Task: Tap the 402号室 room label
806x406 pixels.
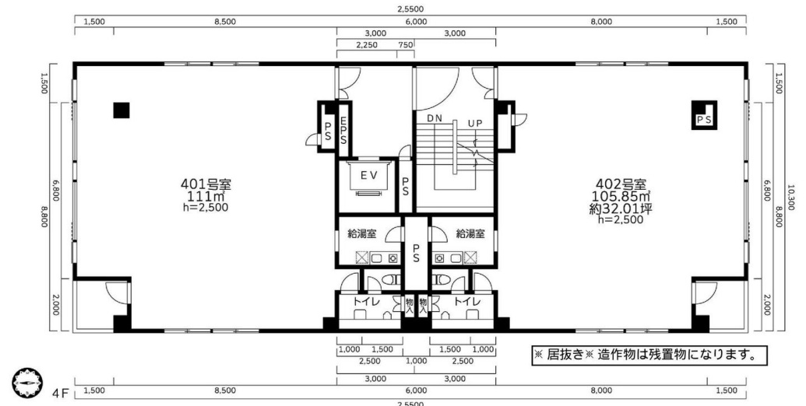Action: click(x=621, y=184)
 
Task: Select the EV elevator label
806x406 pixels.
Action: click(x=369, y=176)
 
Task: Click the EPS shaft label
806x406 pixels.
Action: click(x=343, y=131)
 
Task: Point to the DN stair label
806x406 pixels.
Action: click(x=435, y=118)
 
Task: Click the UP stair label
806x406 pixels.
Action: click(x=475, y=124)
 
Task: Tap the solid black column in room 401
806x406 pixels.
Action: click(x=121, y=110)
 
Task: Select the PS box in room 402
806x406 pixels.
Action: click(x=704, y=115)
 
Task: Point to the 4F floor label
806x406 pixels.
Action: click(x=60, y=394)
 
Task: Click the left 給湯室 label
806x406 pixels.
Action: click(x=362, y=234)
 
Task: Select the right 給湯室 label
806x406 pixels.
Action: click(x=470, y=234)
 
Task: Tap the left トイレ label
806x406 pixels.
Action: click(x=366, y=302)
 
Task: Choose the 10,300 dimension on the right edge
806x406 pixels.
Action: click(x=792, y=198)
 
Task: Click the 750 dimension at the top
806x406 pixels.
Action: click(x=406, y=44)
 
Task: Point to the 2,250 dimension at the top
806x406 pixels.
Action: click(x=367, y=44)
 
